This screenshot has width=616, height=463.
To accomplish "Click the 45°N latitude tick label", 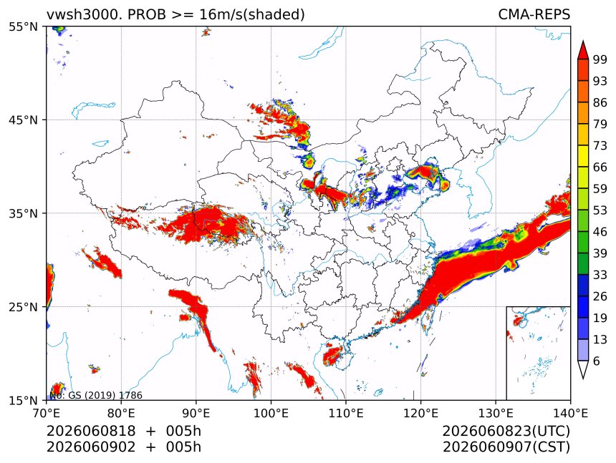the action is coord(23,120).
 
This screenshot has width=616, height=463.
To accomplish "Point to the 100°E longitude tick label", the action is coord(271,413).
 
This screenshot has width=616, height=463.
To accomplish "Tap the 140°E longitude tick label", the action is coord(570,413).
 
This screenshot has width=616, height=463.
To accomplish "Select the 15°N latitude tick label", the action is coord(23,401).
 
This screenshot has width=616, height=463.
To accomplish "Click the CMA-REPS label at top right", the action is coord(534,14).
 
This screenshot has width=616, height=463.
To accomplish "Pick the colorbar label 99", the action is coord(600,59).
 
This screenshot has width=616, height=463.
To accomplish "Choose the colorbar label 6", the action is coord(597,361).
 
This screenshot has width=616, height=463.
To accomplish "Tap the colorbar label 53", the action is coord(600,210).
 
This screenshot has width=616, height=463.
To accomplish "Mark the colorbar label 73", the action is coord(600,145).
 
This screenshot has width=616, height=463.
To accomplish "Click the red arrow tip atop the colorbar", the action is coord(583,41).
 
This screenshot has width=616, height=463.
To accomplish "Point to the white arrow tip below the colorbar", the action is coord(583,379).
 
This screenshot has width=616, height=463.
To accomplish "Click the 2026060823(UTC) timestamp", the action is coord(506,431).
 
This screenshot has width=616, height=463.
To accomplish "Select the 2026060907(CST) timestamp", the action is coord(506,447).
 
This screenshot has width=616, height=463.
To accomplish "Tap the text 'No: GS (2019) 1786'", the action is coord(96,395).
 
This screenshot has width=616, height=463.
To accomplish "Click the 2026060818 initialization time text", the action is coord(91,431).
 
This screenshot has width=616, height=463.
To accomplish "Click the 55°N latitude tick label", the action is coord(23,26).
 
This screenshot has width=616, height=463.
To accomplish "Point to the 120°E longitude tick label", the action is coord(420,413).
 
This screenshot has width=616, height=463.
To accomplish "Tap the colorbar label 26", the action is coord(600,296).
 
